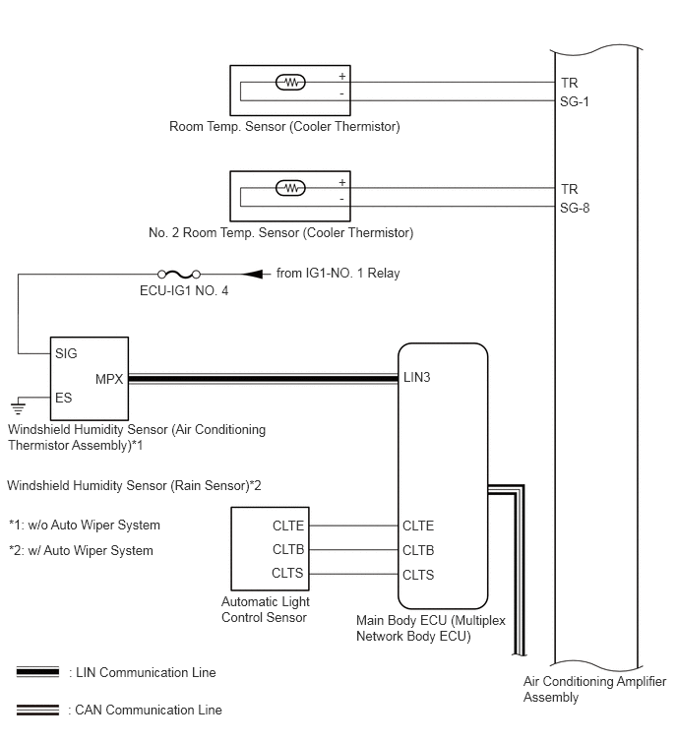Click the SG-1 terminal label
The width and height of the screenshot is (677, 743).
tap(575, 102)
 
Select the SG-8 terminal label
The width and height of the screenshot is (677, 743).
tap(575, 208)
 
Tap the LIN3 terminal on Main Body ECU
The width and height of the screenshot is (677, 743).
tap(417, 378)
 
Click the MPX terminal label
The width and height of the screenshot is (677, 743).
tap(109, 379)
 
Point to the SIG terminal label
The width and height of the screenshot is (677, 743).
tap(66, 353)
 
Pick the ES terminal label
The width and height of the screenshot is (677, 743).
tap(64, 398)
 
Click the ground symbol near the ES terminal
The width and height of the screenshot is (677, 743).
tap(18, 407)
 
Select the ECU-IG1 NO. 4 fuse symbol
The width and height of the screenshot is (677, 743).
tap(179, 274)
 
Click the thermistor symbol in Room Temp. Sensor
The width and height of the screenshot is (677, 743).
tap(291, 83)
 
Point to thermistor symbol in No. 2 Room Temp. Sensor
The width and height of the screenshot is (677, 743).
tap(291, 189)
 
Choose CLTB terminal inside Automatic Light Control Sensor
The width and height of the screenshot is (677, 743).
tap(288, 549)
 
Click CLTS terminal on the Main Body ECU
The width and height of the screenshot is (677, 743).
tap(418, 575)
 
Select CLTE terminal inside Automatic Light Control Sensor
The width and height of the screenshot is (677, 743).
tap(288, 526)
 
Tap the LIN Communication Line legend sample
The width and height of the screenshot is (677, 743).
tap(38, 672)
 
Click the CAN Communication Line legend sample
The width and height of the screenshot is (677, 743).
tap(38, 710)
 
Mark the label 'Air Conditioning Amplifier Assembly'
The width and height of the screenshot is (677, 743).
tap(594, 689)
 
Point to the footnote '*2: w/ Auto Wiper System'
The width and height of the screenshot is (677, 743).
tap(81, 551)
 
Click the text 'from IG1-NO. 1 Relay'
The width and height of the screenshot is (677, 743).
tap(338, 273)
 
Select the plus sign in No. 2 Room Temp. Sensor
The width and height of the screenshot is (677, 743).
tap(342, 182)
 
